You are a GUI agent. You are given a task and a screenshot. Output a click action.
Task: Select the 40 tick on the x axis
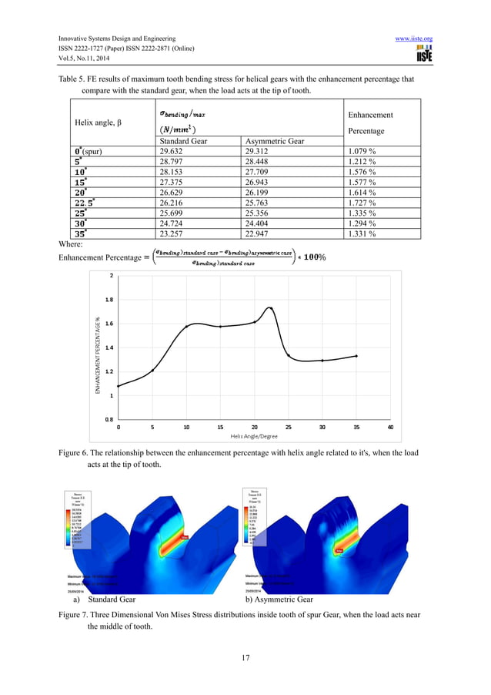click(390, 426)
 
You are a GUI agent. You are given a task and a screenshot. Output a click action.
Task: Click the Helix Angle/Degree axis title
click(254, 436)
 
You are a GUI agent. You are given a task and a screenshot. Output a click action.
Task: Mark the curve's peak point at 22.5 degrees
click(271, 308)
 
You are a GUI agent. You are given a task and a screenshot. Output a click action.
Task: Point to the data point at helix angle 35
click(356, 355)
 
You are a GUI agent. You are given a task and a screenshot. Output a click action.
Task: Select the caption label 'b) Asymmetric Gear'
click(279, 598)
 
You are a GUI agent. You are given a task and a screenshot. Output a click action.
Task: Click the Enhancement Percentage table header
click(371, 122)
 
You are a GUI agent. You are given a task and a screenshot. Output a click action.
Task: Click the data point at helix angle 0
click(118, 386)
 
